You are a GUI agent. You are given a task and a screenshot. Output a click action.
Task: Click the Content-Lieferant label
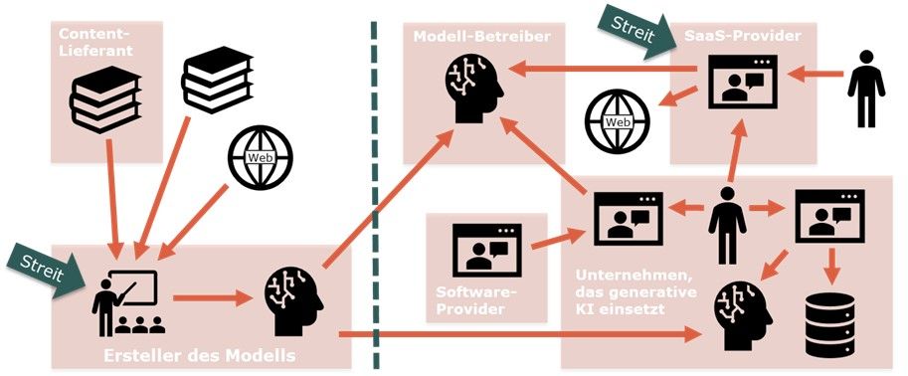pyautogui.click(x=95, y=43)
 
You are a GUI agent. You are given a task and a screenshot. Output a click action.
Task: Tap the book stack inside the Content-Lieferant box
pyautogui.click(x=105, y=99)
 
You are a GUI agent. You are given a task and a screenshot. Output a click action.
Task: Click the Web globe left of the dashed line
pyautogui.click(x=260, y=157)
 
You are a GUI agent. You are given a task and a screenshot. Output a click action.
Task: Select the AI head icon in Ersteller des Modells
pyautogui.click(x=293, y=301)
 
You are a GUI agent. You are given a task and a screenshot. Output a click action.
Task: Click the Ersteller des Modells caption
pyautogui.click(x=199, y=355)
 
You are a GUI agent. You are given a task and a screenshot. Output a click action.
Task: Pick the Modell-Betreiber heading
pyautogui.click(x=481, y=37)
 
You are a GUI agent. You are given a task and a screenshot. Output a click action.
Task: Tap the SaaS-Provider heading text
pyautogui.click(x=743, y=36)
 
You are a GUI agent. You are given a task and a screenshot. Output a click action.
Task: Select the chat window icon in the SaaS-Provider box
pyautogui.click(x=743, y=82)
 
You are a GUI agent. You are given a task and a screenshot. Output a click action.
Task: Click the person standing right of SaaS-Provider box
pyautogui.click(x=865, y=89)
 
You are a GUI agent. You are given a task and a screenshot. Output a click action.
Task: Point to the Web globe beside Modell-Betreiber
pyautogui.click(x=618, y=121)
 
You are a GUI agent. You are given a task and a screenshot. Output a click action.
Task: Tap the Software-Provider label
pyautogui.click(x=469, y=299)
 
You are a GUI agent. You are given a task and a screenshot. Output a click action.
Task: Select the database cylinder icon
pyautogui.click(x=830, y=324)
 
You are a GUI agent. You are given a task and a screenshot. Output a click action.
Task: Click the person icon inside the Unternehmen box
pyautogui.click(x=727, y=225)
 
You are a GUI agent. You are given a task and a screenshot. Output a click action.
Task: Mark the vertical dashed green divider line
pyautogui.click(x=374, y=195)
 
